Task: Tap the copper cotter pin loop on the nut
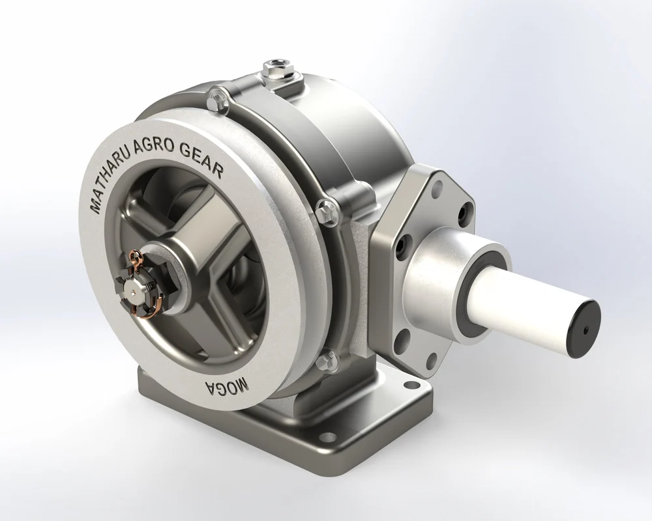coord(136,259)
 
